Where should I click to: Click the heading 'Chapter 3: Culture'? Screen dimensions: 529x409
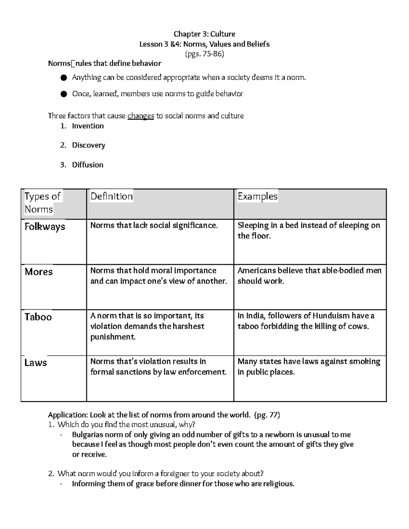(x=204, y=34)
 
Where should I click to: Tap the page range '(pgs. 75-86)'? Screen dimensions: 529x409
(x=204, y=54)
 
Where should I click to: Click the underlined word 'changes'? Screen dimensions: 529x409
(x=140, y=116)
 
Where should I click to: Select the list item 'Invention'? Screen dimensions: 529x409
(x=88, y=126)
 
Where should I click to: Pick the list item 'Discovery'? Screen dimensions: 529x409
(x=88, y=145)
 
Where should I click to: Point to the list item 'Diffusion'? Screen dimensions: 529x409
(x=87, y=165)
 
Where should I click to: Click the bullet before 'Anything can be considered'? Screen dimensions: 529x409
(x=63, y=78)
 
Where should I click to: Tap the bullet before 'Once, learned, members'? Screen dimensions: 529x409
(x=63, y=94)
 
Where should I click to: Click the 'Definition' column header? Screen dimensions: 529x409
(x=111, y=196)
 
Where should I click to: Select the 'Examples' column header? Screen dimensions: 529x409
(x=257, y=196)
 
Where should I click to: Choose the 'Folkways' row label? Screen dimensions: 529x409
(x=45, y=227)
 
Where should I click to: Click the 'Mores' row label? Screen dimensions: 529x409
(x=39, y=272)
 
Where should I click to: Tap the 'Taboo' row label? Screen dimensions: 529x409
(x=38, y=317)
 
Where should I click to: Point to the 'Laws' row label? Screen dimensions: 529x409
(x=35, y=362)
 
